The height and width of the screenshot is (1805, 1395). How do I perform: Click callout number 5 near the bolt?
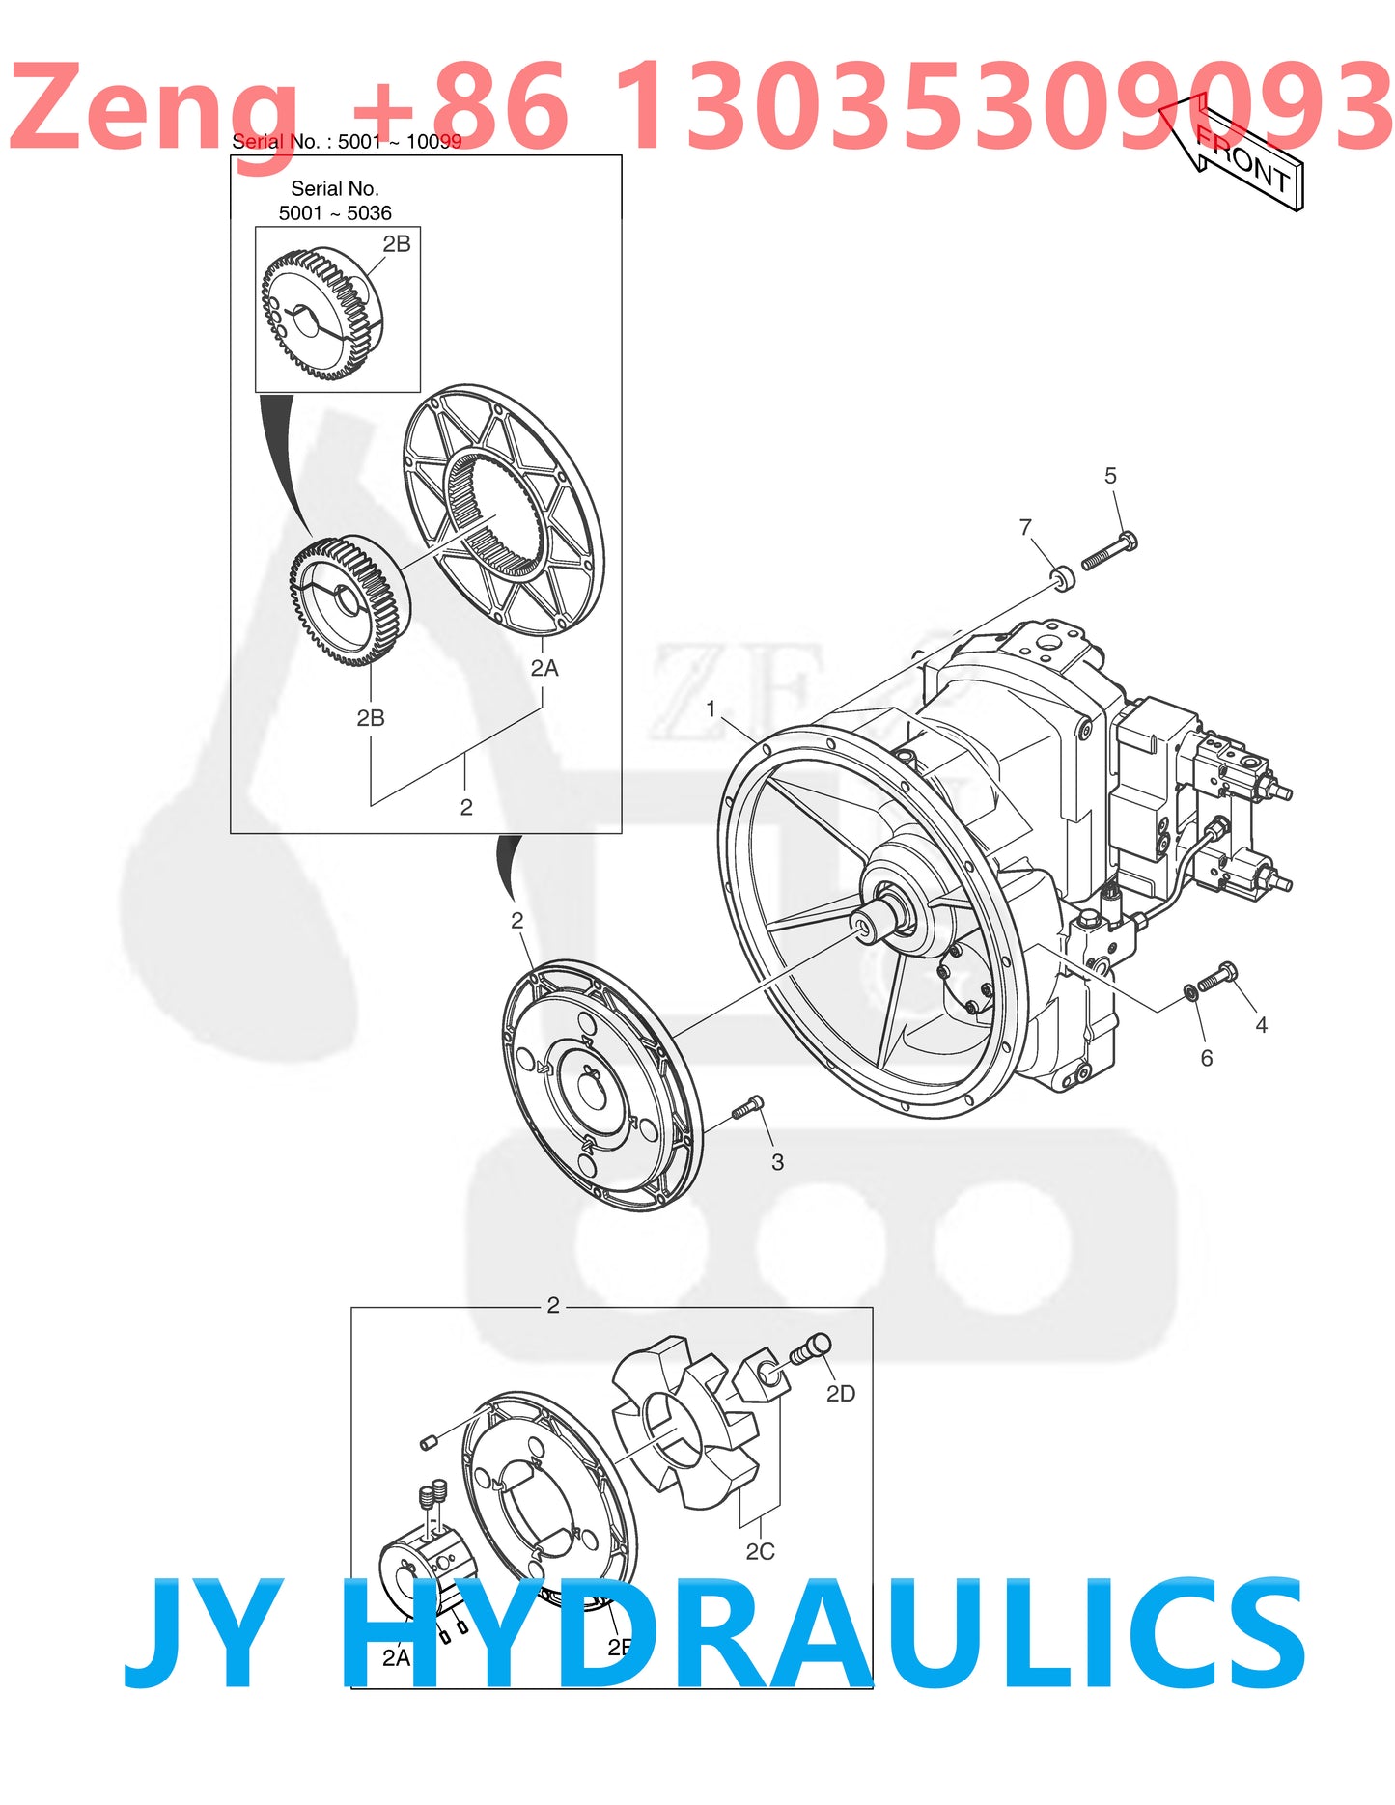pyautogui.click(x=1110, y=476)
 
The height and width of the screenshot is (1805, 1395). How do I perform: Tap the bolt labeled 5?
pyautogui.click(x=1108, y=552)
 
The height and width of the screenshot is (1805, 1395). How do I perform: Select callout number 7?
pyautogui.click(x=1025, y=527)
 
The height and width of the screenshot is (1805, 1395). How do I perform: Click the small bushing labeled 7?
pyautogui.click(x=1063, y=579)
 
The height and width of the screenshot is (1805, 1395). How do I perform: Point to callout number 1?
pyautogui.click(x=711, y=708)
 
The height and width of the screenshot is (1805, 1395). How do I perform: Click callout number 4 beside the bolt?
pyautogui.click(x=1261, y=1025)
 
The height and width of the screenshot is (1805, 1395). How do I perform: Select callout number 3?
pyautogui.click(x=777, y=1162)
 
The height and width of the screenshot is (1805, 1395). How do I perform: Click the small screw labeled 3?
pyautogui.click(x=748, y=1108)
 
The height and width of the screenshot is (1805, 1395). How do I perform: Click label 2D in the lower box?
pyautogui.click(x=840, y=1394)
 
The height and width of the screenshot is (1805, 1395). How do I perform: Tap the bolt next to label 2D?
pyautogui.click(x=810, y=1349)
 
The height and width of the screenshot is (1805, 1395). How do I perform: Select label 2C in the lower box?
pyautogui.click(x=760, y=1551)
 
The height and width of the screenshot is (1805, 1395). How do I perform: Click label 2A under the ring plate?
pyautogui.click(x=544, y=668)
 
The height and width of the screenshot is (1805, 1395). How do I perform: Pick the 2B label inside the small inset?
pyautogui.click(x=397, y=244)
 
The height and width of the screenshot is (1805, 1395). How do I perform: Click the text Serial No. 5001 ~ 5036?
pyautogui.click(x=335, y=201)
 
